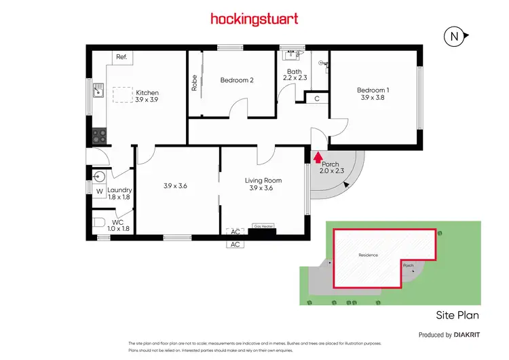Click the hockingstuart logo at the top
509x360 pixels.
(254, 18)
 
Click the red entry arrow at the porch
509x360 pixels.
(317, 158)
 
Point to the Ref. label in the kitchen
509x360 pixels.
(121, 57)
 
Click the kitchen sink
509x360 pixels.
(98, 90)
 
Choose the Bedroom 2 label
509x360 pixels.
(237, 80)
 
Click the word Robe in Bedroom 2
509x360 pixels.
(194, 82)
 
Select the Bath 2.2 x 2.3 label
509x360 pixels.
(295, 75)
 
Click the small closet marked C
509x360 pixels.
(317, 98)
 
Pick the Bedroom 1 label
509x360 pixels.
(373, 94)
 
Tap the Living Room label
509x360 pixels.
(263, 184)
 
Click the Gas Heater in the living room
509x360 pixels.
(262, 227)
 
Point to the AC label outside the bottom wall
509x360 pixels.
(235, 244)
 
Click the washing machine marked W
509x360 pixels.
(98, 192)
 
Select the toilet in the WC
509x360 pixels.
(99, 221)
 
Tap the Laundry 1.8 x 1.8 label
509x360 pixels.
(119, 194)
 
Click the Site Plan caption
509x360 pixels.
(457, 315)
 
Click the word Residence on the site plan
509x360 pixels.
(367, 255)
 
